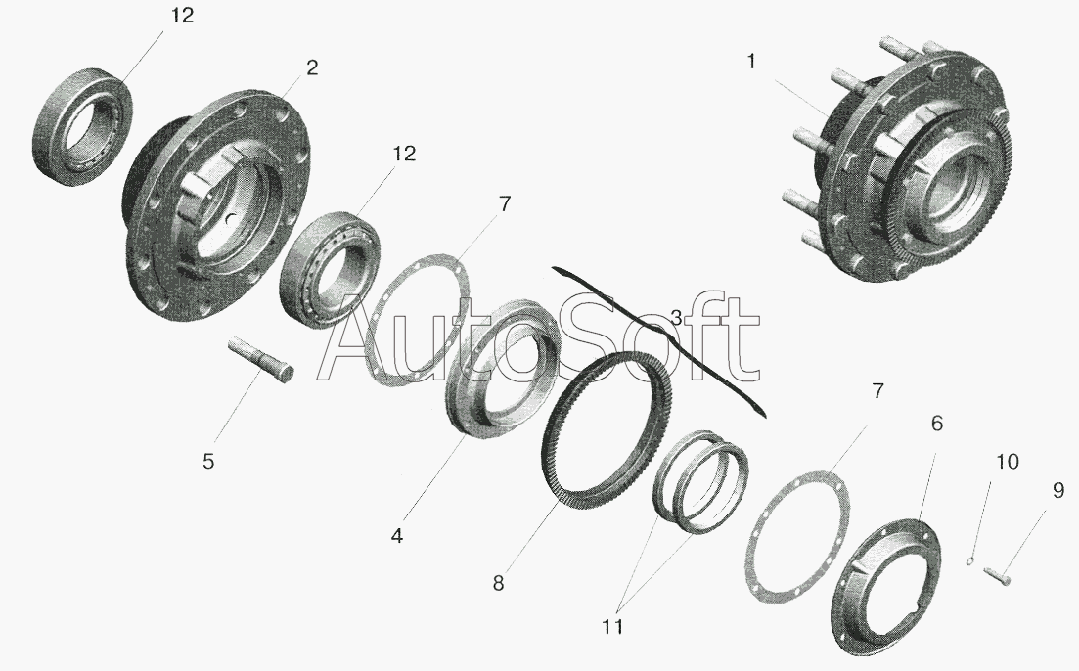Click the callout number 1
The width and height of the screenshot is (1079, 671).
coord(751,62)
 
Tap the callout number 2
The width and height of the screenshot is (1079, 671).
coord(312,67)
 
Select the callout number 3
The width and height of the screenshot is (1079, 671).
coord(676,318)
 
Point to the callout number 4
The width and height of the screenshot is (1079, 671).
coord(397,536)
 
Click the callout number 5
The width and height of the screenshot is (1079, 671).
coord(207,461)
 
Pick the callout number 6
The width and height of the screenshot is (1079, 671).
coord(936,424)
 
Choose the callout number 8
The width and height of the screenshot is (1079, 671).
coord(498,584)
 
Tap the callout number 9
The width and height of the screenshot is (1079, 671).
coord(1057,490)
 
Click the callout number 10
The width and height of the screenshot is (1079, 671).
coord(1008,461)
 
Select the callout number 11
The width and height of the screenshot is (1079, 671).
coord(612,627)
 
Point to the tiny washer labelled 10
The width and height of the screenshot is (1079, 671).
coord(970,560)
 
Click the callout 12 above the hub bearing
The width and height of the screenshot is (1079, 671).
coord(404,154)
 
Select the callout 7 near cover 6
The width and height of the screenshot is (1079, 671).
coord(877,391)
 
